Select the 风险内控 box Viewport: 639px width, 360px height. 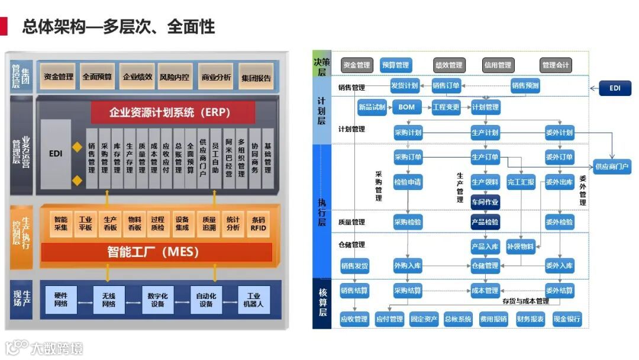tap(175, 77)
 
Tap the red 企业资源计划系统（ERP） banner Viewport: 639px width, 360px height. tap(173, 112)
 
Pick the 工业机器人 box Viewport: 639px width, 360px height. tap(254, 300)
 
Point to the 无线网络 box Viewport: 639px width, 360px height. tap(109, 300)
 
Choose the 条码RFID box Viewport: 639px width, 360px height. tap(258, 223)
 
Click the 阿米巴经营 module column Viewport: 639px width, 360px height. tap(228, 158)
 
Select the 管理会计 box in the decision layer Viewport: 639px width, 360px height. tap(556, 65)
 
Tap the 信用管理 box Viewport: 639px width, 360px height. tap(497, 65)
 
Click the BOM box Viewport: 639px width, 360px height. tap(406, 107)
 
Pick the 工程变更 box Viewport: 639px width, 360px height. tap(446, 107)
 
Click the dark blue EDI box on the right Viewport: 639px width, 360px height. tap(615, 88)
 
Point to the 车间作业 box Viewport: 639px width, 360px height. tap(485, 202)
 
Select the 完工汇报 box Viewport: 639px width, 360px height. tap(521, 182)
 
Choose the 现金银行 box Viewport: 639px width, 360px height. tap(567, 320)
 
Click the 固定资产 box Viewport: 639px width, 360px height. tap(424, 320)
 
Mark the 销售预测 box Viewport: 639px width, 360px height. tap(525, 86)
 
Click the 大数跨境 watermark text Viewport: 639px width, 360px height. tap(57, 348)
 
